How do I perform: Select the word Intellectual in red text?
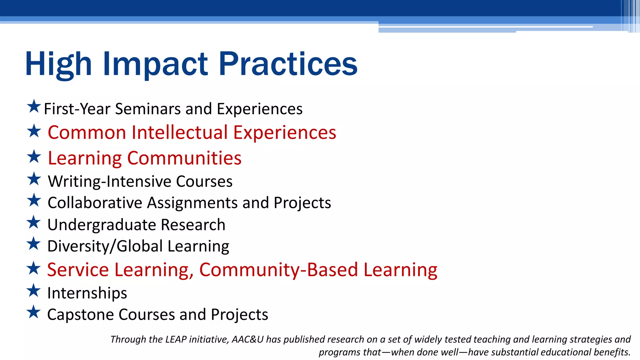pos(180,132)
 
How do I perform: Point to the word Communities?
pos(184,158)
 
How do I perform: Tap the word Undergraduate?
pos(101,225)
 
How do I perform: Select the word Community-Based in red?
pos(278,270)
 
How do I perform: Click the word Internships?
pos(87,293)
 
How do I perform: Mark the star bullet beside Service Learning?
pos(34,268)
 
